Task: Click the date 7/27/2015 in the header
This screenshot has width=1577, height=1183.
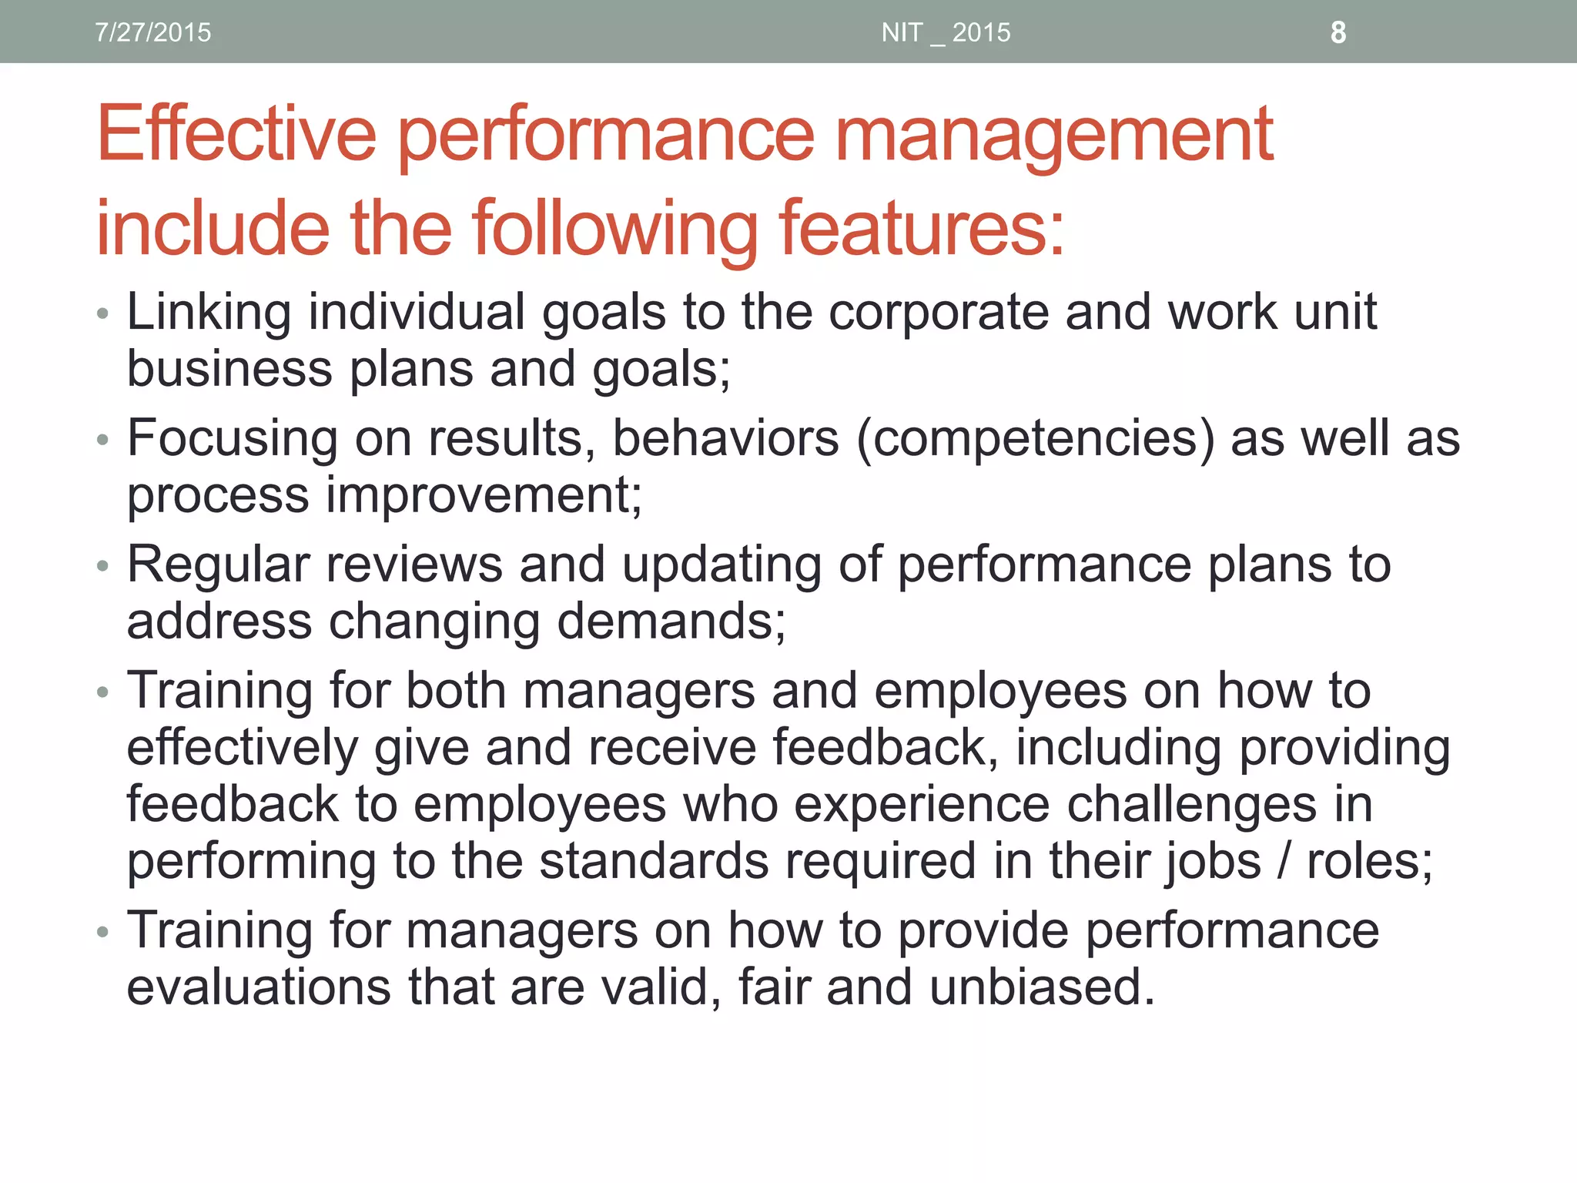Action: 152,32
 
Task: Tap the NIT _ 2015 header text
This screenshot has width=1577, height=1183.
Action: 946,32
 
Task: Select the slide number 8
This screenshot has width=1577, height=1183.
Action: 1338,32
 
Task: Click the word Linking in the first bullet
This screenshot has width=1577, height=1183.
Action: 209,313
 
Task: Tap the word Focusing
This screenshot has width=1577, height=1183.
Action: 232,439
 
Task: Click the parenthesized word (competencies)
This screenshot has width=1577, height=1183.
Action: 1035,439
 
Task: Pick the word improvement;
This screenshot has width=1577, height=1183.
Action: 484,494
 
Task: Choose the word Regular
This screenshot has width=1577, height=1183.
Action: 218,565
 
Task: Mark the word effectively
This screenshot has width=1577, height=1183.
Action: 243,748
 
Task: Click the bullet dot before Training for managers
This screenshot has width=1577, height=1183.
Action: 103,933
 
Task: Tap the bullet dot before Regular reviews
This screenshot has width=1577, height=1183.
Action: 103,567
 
